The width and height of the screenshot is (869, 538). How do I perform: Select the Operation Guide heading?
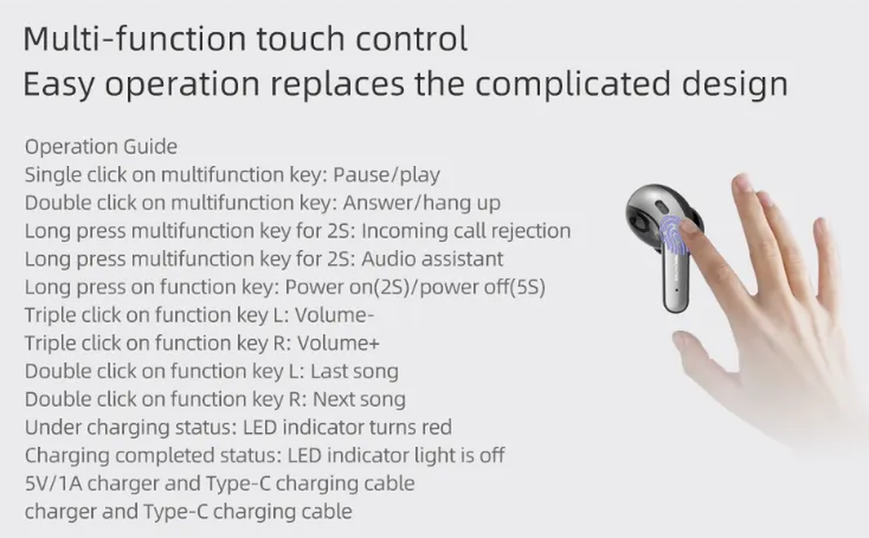tap(101, 146)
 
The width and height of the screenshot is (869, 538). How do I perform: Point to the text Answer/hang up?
tap(421, 203)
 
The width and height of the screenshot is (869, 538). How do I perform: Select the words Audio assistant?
tap(432, 259)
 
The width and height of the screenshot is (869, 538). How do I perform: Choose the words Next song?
tap(358, 399)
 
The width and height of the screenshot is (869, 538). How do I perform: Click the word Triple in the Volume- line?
tap(50, 315)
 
